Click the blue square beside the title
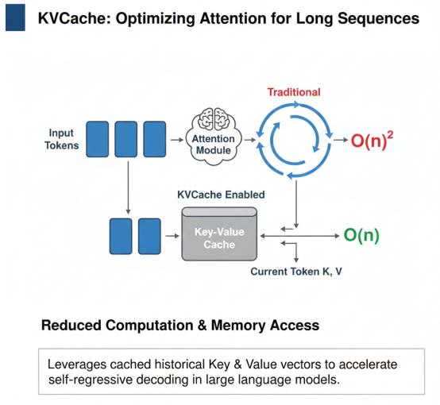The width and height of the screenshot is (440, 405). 15,17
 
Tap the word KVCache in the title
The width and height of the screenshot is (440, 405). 74,18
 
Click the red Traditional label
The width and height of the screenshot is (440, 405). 294,92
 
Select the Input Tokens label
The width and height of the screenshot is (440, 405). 62,139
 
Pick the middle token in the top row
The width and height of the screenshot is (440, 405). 126,139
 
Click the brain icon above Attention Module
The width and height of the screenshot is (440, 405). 214,119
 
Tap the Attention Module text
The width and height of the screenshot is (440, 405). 214,145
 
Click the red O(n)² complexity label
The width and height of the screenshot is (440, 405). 372,140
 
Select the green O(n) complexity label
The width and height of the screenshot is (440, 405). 361,235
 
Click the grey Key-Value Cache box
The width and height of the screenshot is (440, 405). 219,234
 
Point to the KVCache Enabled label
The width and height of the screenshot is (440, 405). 221,195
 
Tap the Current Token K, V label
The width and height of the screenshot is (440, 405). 296,272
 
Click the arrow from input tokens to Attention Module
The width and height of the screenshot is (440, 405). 177,140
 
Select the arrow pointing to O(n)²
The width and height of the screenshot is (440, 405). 341,140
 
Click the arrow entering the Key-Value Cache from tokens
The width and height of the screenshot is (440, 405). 172,236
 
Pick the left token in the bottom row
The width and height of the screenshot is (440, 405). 121,237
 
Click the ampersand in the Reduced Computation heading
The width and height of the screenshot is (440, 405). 202,326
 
